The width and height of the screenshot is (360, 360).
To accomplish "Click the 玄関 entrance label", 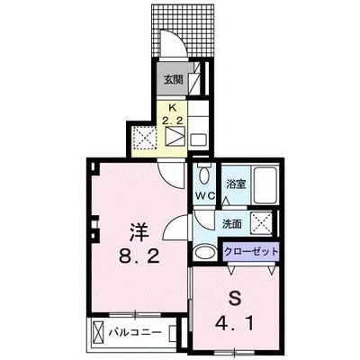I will tap(173, 79).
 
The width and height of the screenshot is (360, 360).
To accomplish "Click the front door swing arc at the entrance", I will tap(167, 41).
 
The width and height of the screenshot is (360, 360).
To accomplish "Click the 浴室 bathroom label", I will tap(236, 184).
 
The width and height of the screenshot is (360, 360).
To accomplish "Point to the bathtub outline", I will tap(266, 184).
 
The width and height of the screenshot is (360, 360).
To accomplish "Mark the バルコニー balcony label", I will tap(134, 333).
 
